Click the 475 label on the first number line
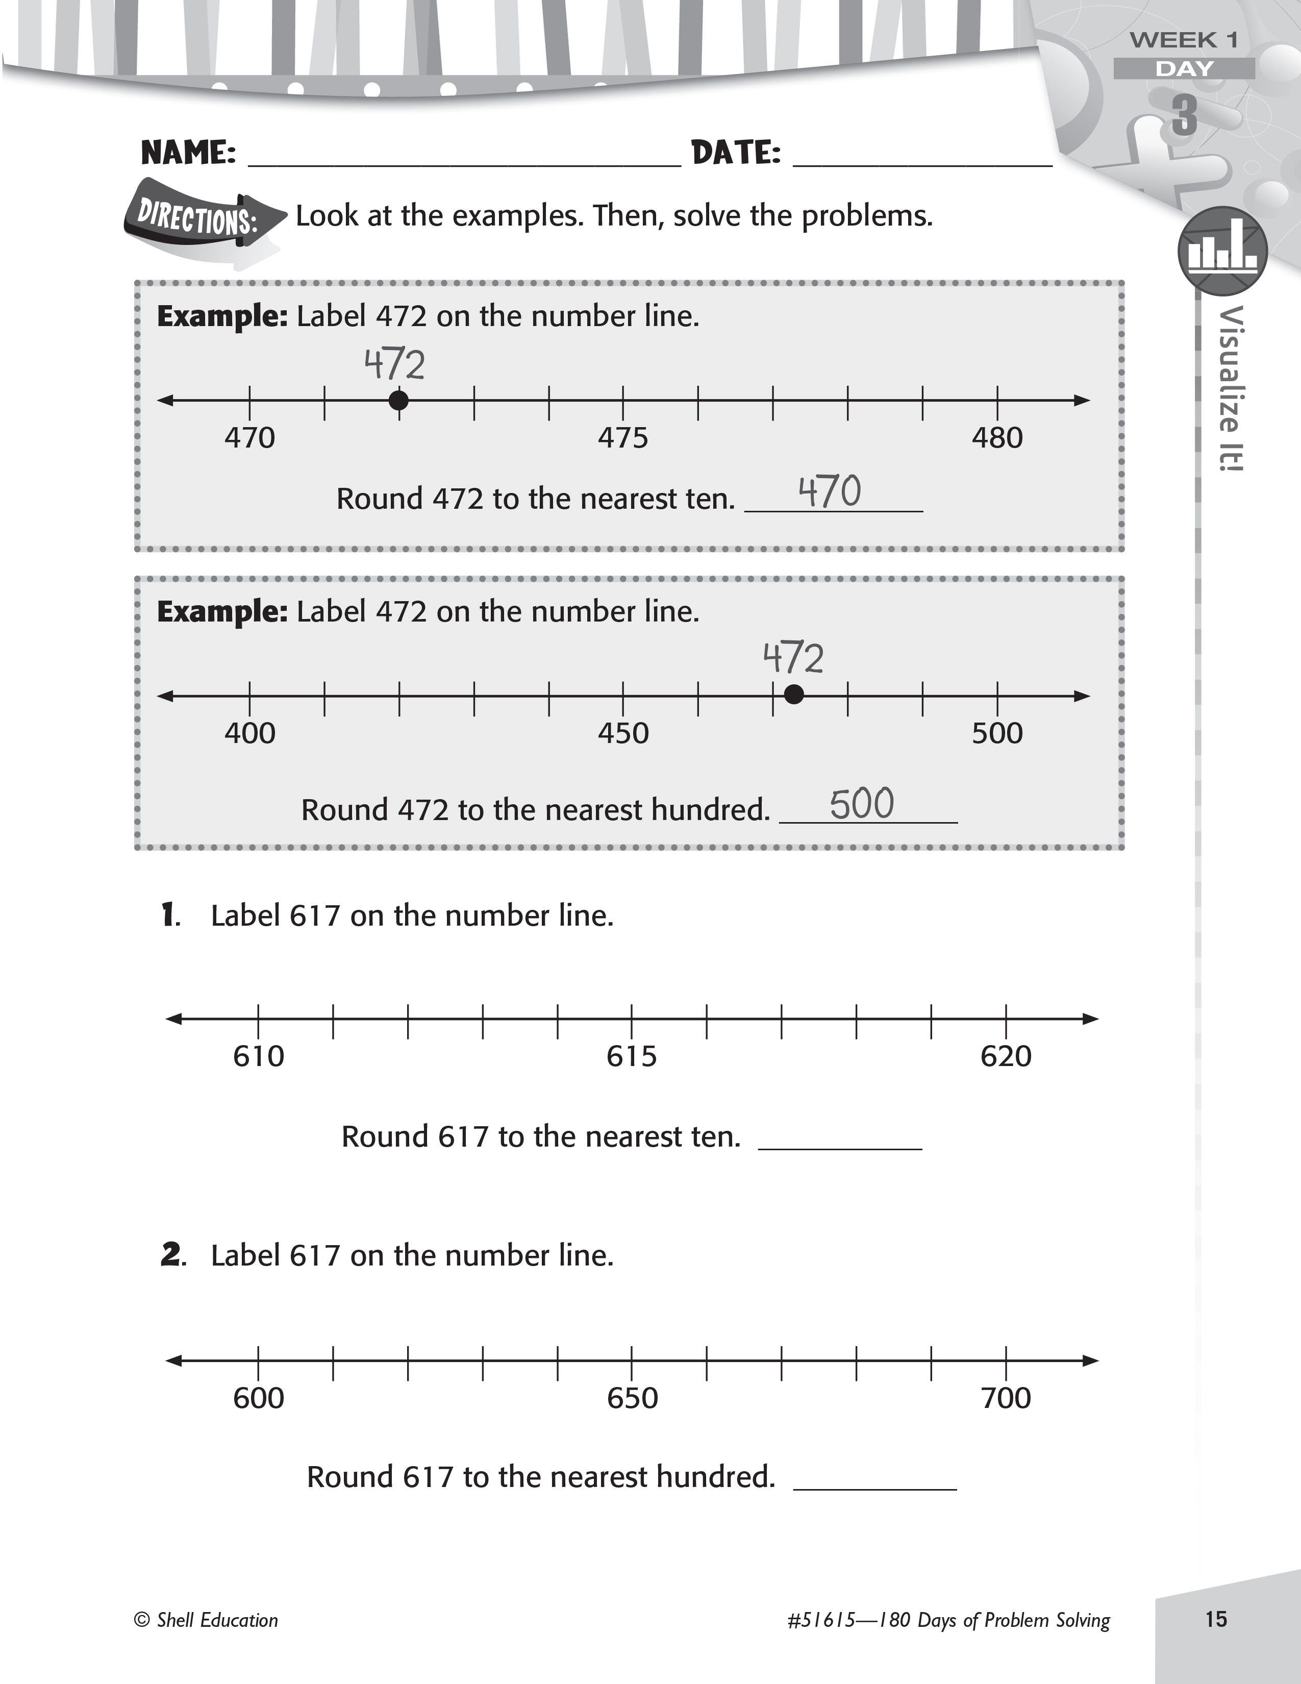pos(623,438)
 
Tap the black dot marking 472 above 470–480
pos(398,400)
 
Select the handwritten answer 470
pos(829,492)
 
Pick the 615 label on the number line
pos(631,1056)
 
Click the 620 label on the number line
pos(1005,1056)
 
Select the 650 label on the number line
pos(632,1398)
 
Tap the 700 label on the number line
pos(1005,1398)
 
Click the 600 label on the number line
pos(258,1398)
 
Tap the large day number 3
pos(1185,116)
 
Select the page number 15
pos(1215,1619)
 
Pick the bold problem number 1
pos(169,915)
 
